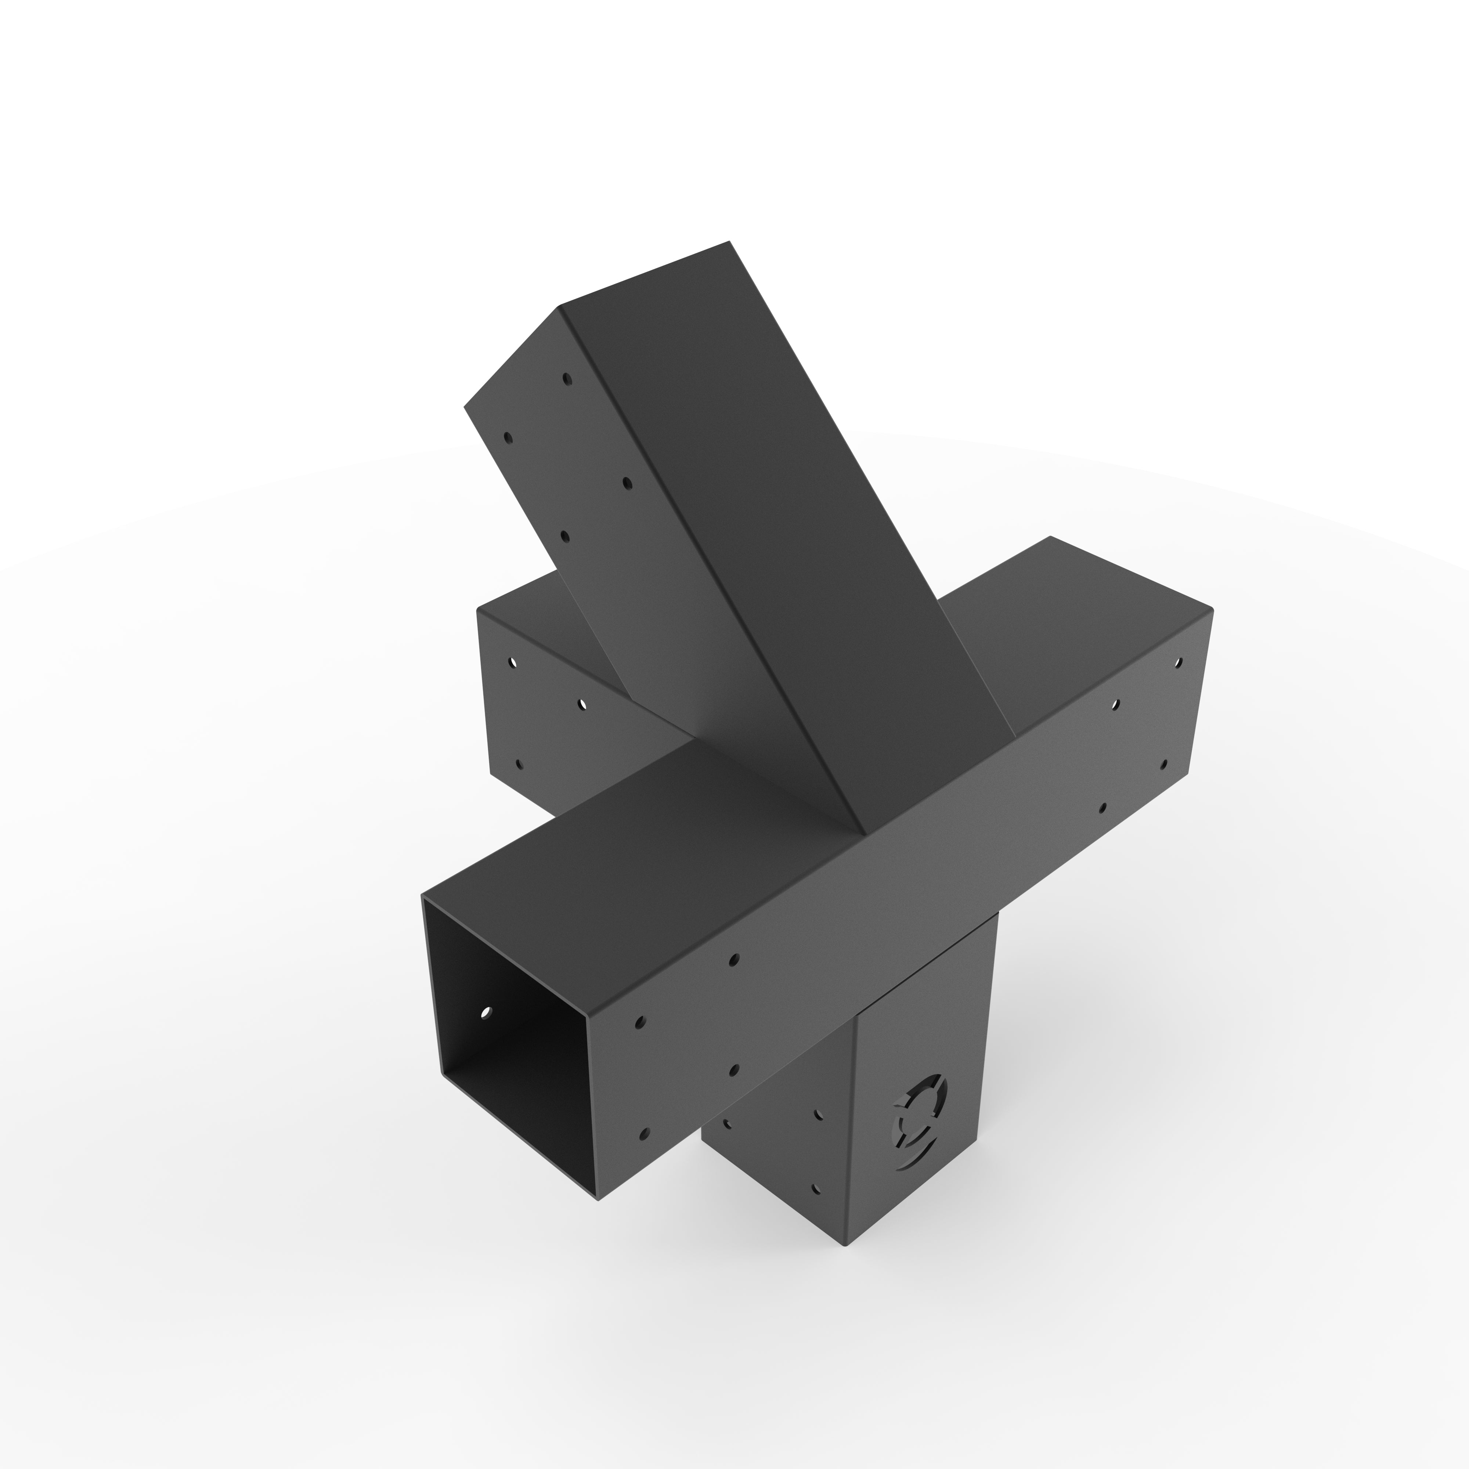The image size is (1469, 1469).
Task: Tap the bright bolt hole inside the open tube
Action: coord(487,1012)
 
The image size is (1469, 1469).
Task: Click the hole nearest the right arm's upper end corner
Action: coord(1179,663)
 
